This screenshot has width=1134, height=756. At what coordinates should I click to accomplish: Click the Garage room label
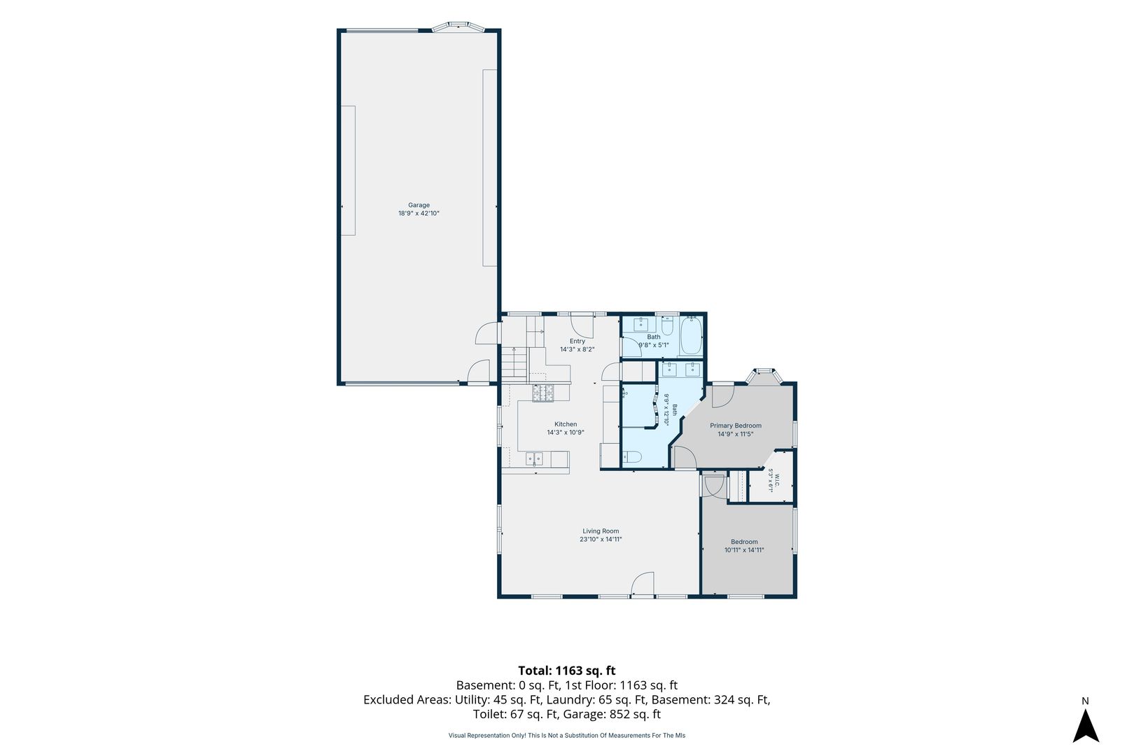(x=419, y=205)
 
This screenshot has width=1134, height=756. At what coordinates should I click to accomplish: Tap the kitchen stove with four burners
(x=542, y=393)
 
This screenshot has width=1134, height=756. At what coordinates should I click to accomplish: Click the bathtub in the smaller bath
(x=690, y=336)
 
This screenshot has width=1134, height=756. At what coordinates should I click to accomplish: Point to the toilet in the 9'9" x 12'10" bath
(x=631, y=457)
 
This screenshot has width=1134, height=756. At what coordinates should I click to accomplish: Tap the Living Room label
(x=601, y=531)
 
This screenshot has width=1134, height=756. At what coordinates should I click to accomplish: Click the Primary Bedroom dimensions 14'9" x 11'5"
(x=736, y=434)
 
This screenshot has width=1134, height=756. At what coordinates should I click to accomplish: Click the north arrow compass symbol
(x=1086, y=725)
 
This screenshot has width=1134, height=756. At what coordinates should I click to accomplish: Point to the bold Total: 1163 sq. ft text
(x=566, y=671)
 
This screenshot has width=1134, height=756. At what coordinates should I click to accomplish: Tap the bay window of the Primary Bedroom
(x=764, y=377)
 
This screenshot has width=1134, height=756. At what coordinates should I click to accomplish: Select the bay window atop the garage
(x=458, y=27)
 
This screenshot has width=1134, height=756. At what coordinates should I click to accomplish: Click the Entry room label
(x=577, y=342)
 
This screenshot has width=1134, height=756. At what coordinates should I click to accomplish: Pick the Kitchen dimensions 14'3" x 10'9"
(x=566, y=433)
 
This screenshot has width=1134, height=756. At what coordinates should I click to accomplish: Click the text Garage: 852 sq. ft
(x=612, y=714)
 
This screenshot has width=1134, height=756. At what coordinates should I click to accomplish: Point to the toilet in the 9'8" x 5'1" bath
(x=666, y=325)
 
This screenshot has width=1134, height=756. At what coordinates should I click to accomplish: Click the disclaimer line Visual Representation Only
(x=566, y=735)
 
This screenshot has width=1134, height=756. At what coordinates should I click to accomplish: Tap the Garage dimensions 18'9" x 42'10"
(x=419, y=213)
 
